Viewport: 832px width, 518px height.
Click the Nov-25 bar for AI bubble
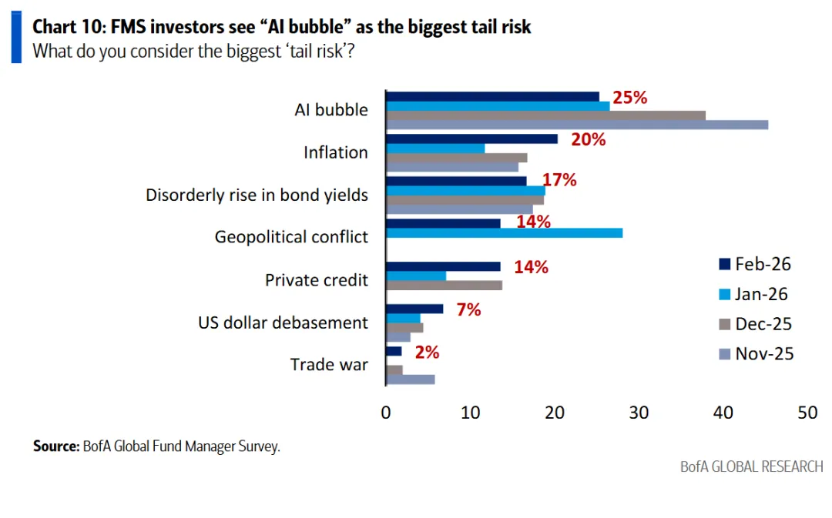tap(577, 125)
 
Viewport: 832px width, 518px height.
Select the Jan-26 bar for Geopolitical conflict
tap(504, 233)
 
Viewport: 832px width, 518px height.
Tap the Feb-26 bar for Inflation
tap(471, 139)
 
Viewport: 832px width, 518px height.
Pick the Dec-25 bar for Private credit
tap(444, 286)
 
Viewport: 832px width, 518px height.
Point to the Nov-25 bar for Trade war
tap(410, 379)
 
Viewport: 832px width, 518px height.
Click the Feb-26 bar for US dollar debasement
tap(414, 309)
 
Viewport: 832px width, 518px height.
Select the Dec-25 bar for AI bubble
tap(545, 115)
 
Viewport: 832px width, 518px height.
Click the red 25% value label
tap(629, 98)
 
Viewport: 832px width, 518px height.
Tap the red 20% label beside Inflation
tap(588, 139)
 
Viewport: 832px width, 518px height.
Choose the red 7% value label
tap(468, 309)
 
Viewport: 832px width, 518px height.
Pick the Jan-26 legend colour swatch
tap(723, 295)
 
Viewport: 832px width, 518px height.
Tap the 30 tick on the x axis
tap(639, 413)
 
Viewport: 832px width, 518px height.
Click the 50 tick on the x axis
tap(807, 413)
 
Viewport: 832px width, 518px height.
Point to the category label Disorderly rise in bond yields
tap(257, 195)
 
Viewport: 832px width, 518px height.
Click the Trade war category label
tap(329, 364)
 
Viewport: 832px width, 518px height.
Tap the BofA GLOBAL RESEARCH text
tap(751, 466)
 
